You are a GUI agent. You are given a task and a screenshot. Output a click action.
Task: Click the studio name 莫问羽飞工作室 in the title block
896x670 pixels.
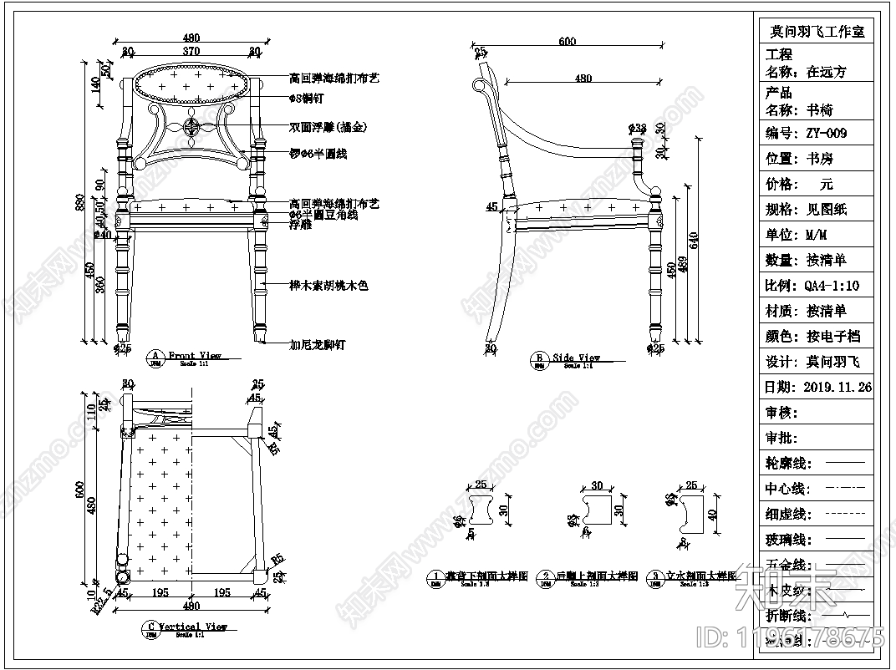coord(817,32)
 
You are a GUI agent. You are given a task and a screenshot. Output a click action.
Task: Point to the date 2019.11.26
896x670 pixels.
coord(837,387)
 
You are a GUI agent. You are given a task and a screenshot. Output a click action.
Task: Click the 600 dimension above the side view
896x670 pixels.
coord(568,42)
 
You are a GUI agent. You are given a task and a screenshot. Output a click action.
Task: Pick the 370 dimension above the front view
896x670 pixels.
coord(191,51)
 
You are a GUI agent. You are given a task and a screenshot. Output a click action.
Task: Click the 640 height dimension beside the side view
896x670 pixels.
coord(693,238)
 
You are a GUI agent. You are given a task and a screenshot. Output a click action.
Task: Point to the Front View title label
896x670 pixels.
coord(195,356)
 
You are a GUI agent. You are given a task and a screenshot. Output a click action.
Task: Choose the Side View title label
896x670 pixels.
coord(577,358)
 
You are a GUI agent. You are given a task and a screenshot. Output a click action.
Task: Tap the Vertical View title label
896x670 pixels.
coord(193,627)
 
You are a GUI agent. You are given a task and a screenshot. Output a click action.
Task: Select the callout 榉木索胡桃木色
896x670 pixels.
coord(328,286)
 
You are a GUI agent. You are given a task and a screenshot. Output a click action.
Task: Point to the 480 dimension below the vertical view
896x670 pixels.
coord(191,606)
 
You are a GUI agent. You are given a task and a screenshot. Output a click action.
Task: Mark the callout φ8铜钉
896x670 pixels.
coord(308,99)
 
